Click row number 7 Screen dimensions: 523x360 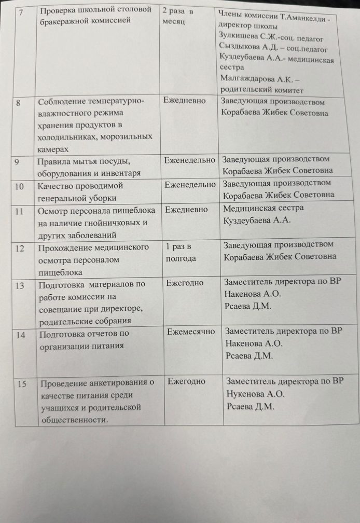coord(20,10)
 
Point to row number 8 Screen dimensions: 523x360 coord(19,102)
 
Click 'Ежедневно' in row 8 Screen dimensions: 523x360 coord(184,101)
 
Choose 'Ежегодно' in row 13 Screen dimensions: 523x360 coord(185,283)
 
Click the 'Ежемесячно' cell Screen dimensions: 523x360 coord(191,332)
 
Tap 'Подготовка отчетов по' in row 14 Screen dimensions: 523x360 coord(84,334)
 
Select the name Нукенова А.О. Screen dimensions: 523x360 coord(256,394)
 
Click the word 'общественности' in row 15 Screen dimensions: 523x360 coord(74,419)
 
